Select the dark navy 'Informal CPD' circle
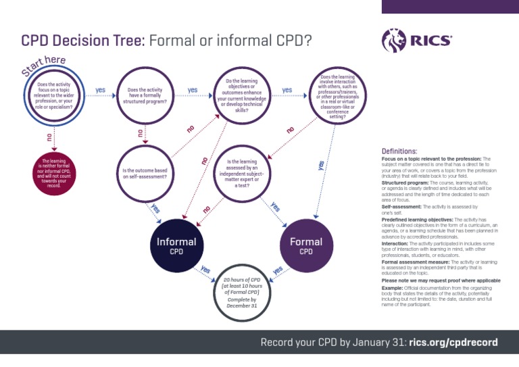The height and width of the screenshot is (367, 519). click(176, 245)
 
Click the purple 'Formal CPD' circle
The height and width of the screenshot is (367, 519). click(306, 245)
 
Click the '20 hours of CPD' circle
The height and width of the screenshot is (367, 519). click(242, 291)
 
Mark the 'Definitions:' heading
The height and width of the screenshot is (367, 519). click(399, 151)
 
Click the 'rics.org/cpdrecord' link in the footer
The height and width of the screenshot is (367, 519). click(454, 342)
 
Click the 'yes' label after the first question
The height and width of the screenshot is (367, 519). click(101, 89)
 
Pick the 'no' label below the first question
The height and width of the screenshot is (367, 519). click(48, 137)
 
